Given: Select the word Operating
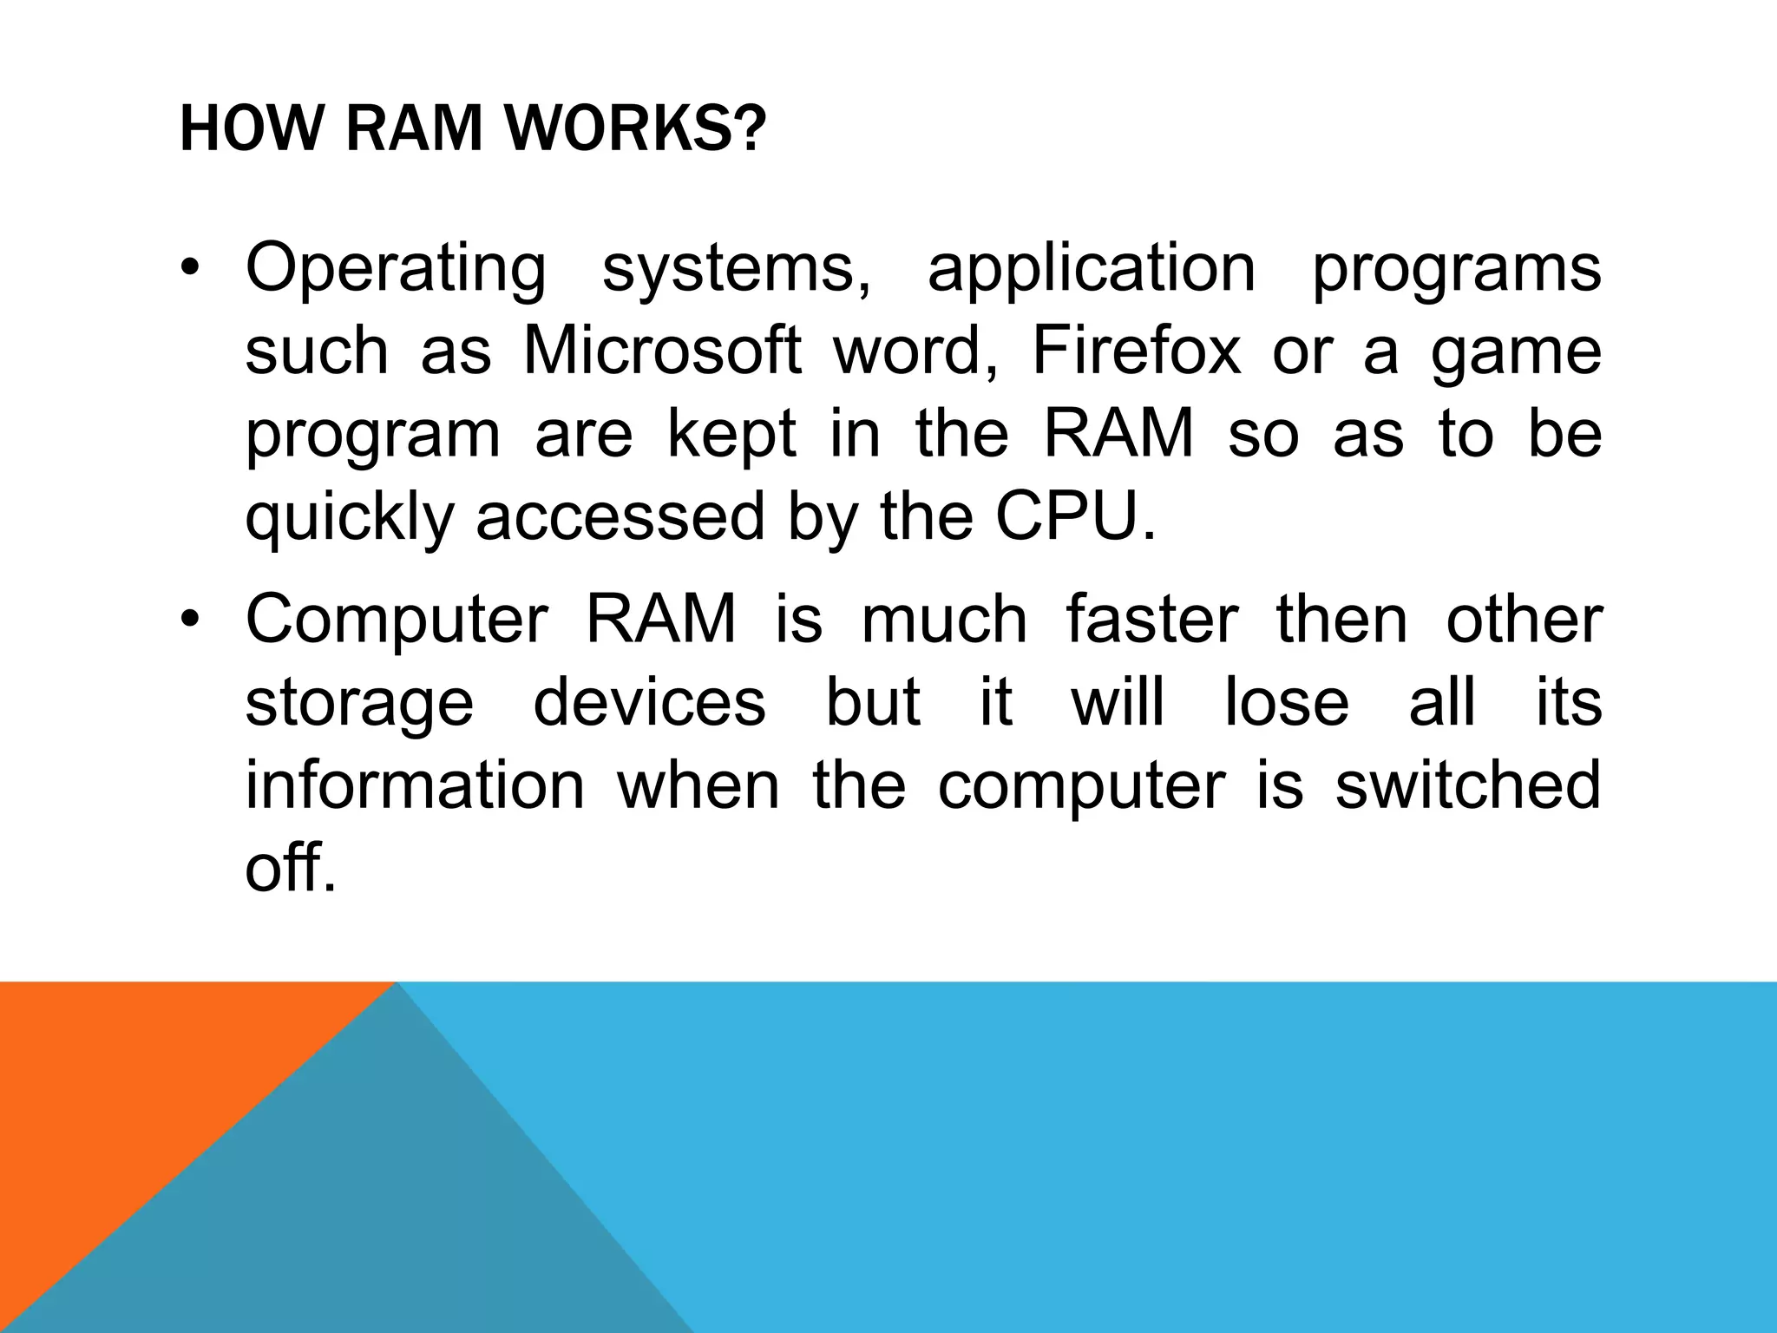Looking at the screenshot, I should [396, 269].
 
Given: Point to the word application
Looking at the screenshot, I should [1092, 269].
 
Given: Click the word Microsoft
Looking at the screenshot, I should [662, 351].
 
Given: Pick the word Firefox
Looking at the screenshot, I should [1137, 351].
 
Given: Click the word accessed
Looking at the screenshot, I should [620, 517].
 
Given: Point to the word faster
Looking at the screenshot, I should [1151, 620].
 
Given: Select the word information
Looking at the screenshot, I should [415, 785].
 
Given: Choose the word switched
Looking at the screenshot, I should [1467, 785].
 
